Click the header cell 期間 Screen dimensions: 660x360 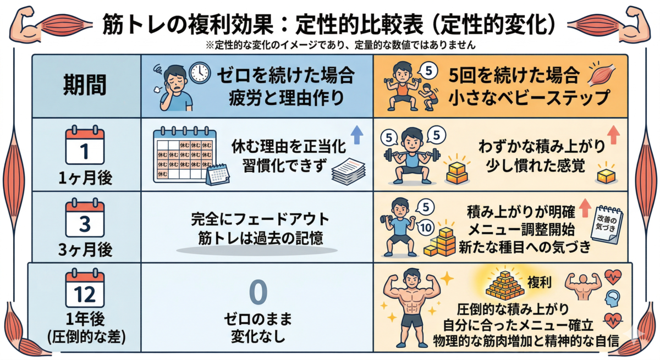pos(85,85)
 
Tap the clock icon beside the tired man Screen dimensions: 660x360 pos(200,73)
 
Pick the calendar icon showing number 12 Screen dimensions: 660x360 pos(85,288)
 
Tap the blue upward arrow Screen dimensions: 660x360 pos(357,135)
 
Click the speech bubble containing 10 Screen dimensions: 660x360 pos(426,228)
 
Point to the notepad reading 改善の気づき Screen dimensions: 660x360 pos(607,225)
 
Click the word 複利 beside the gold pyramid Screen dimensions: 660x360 pos(539,283)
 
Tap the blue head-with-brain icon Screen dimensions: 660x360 pos(613,299)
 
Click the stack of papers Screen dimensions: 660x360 pos(349,171)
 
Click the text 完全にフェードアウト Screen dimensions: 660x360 pos(260,219)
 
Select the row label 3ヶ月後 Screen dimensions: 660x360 pos(85,250)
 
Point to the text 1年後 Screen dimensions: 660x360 pos(85,319)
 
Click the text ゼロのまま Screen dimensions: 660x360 pos(258,319)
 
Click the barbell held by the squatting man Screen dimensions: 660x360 pos(412,154)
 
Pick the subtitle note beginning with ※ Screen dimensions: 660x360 pos(340,45)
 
